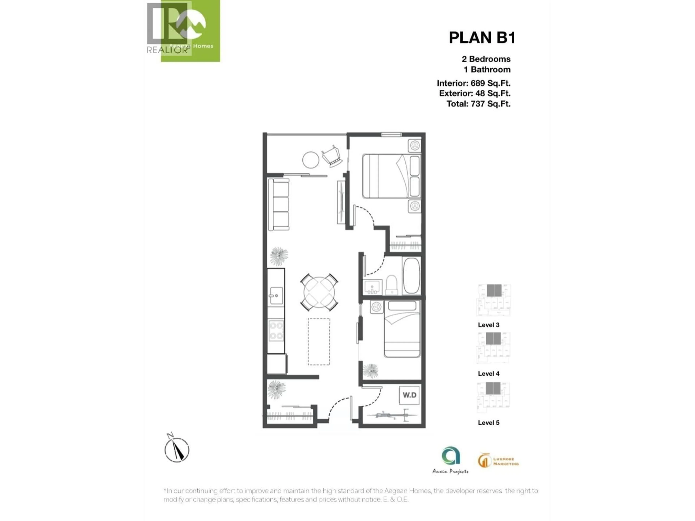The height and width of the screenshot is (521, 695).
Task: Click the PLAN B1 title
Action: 482,38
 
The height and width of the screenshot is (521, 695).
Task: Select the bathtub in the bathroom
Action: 411,275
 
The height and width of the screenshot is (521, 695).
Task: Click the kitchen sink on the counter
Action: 276,296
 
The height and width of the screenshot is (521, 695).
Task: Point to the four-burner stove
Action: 276,330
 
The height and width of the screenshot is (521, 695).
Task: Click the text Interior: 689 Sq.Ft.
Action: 473,83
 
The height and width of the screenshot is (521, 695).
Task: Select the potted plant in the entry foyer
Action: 277,390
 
